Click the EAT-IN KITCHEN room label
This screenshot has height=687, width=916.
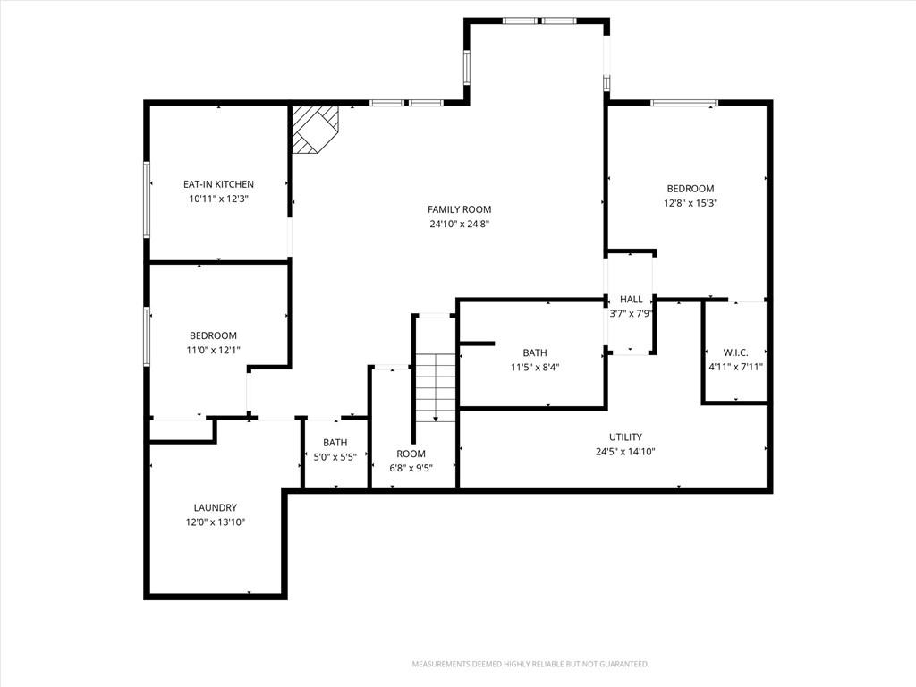218,184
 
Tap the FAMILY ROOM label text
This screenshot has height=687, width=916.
459,209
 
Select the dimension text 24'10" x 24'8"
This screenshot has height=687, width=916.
459,224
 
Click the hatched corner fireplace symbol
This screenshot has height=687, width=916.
316,129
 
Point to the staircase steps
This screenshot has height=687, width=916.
436,388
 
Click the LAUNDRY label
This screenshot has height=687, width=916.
216,508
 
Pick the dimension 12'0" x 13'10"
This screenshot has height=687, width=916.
216,522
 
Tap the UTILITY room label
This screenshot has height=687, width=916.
625,437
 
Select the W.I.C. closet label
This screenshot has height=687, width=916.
735,352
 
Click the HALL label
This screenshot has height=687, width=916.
631,299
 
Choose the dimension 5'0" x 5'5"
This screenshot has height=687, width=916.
335,457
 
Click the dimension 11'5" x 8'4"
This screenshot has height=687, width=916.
535,368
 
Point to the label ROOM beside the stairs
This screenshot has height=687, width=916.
411,454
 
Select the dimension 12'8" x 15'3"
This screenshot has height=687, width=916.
691,203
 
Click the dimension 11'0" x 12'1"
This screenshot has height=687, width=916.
213,351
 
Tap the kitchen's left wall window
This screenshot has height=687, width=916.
148,199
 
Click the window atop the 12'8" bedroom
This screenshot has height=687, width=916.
684,104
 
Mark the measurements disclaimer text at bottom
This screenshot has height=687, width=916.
530,665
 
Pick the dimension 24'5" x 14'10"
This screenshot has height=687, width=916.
625,452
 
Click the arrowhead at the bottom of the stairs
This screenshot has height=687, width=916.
436,420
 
